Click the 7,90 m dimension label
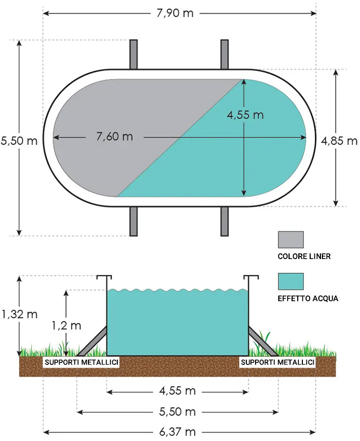[175, 13]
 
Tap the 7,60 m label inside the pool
[115, 137]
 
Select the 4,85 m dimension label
[339, 141]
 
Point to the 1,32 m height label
[20, 314]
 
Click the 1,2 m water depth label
[66, 326]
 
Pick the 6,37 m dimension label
[177, 432]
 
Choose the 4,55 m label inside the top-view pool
[245, 115]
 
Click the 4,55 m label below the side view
[177, 391]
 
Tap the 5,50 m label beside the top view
[19, 141]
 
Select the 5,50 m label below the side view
[177, 412]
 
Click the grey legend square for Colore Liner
[291, 240]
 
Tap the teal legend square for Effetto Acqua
[291, 281]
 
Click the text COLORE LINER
[304, 256]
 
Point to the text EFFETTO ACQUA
[308, 299]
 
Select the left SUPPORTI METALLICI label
[81, 362]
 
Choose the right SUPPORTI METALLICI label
[278, 362]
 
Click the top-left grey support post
[134, 54]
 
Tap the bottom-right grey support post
[224, 222]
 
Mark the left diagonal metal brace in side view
[92, 341]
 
